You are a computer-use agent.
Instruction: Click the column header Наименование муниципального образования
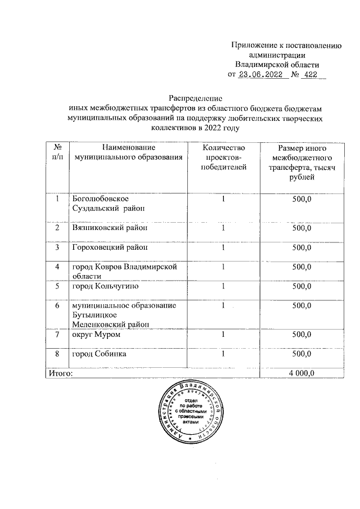tap(125, 152)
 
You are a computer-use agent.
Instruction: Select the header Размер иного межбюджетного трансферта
tap(301, 162)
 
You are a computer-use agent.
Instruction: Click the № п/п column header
tap(57, 152)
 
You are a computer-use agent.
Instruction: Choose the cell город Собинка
tap(98, 354)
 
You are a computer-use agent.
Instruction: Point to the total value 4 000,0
tap(301, 372)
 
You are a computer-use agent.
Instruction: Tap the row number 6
tap(57, 305)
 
